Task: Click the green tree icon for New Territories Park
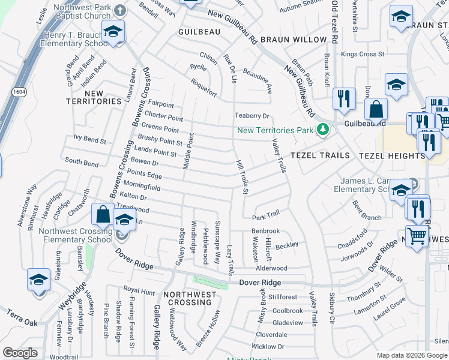point(323,130)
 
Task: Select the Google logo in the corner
point(20,353)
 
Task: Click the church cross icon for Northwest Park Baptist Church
point(120,10)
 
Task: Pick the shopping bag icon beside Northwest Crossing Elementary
point(103,214)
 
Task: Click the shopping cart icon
point(417,236)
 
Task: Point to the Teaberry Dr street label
point(252,116)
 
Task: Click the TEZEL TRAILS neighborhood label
point(320,155)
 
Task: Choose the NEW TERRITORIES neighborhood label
point(95,97)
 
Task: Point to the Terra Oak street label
point(22,318)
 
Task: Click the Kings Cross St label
point(362,54)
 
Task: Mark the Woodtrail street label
point(64,356)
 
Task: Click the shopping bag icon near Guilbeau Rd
point(376,109)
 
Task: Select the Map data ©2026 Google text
point(412,355)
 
